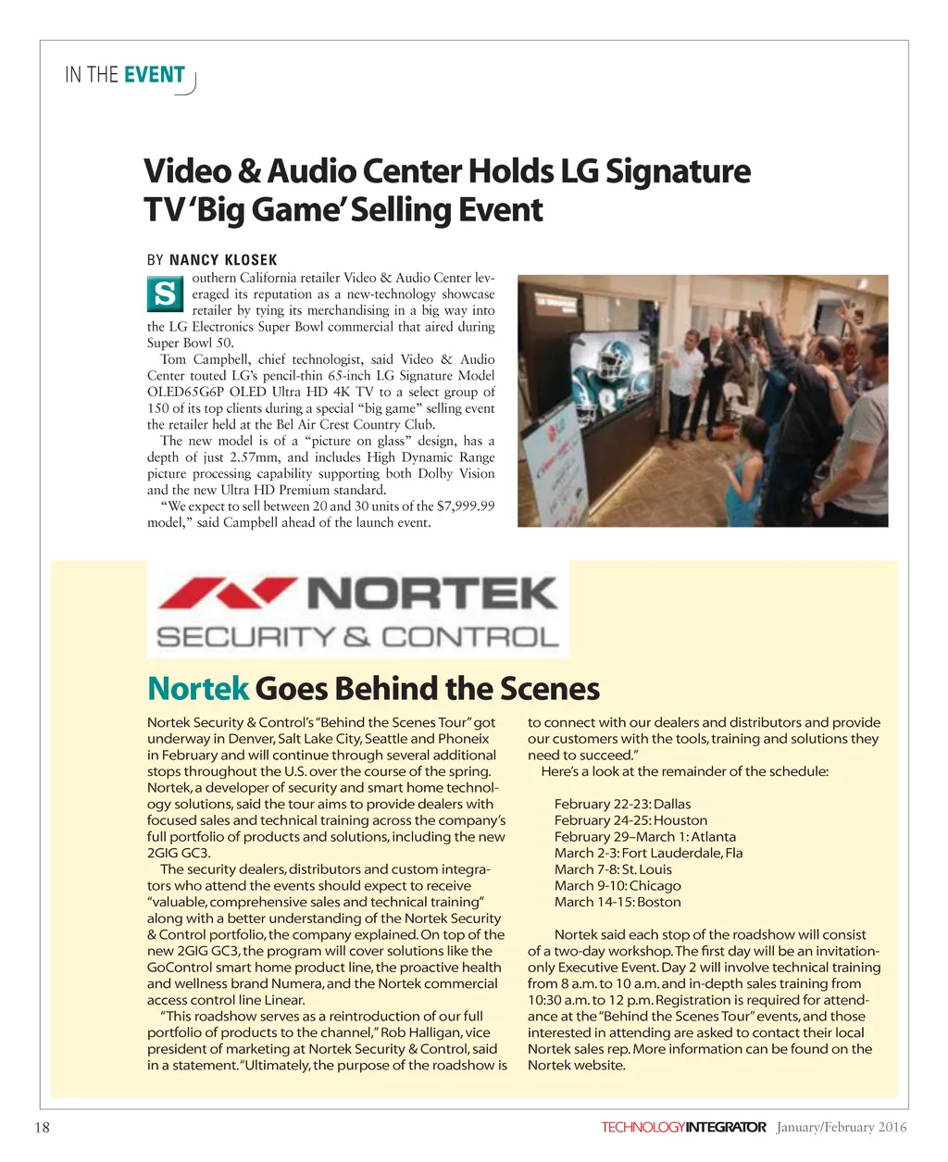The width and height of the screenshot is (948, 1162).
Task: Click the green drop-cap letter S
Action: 164,295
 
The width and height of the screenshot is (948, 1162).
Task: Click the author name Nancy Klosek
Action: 223,260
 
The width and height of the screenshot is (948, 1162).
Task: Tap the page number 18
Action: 42,1127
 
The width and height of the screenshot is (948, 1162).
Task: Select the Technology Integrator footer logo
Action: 683,1127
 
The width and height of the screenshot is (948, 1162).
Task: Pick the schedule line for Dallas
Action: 622,804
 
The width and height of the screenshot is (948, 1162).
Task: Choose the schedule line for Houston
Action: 630,820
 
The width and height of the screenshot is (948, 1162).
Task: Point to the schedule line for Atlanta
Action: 644,836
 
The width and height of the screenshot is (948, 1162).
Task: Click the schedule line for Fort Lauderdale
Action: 648,853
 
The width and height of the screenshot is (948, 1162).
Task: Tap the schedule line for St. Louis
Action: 613,869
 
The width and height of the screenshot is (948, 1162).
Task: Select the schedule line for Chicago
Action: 617,885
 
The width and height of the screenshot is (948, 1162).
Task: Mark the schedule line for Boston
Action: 617,902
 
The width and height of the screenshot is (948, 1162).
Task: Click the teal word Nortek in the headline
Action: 198,689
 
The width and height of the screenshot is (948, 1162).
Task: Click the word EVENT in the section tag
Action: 155,75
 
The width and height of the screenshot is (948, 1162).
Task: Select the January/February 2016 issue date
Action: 842,1127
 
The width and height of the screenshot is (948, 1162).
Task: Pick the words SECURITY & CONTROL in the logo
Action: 357,637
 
